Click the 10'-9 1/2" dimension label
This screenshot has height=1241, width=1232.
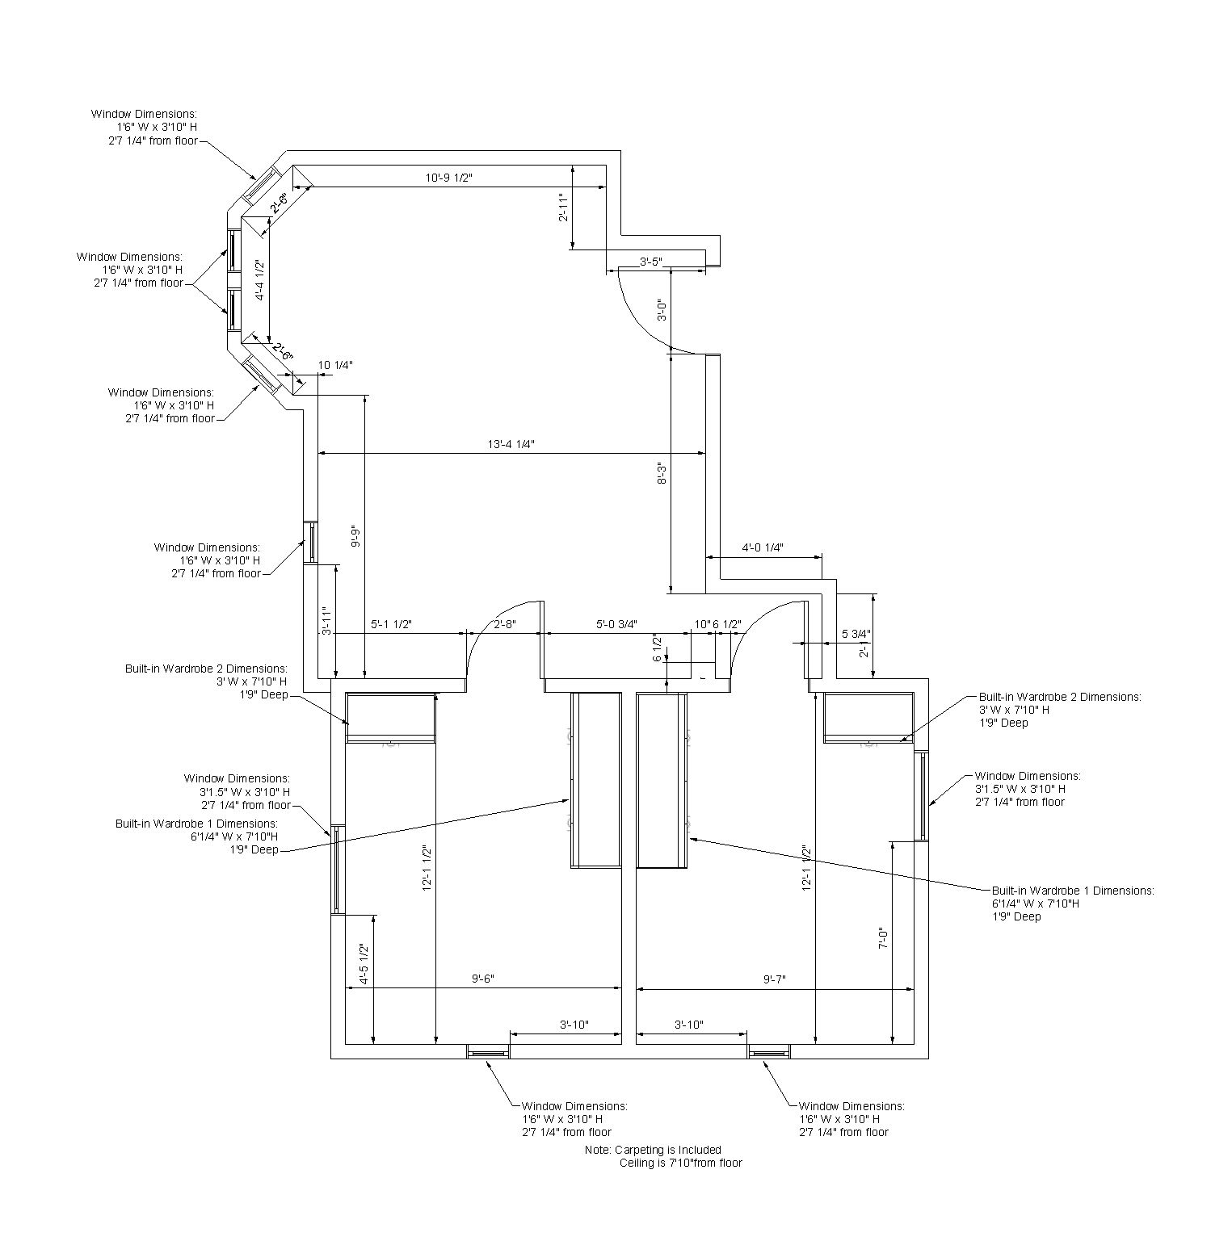click(x=448, y=178)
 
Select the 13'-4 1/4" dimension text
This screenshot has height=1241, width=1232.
click(x=511, y=443)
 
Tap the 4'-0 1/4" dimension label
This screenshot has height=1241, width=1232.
click(x=763, y=547)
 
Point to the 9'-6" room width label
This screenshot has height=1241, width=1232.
click(x=482, y=979)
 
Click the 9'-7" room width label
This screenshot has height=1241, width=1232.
click(x=774, y=979)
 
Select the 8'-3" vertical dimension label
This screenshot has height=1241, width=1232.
click(x=662, y=473)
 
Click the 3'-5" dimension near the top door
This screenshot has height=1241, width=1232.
click(x=651, y=262)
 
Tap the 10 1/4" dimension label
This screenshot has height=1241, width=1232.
click(x=335, y=365)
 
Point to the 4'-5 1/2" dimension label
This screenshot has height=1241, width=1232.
click(x=364, y=964)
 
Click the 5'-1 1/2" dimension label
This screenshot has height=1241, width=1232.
click(x=392, y=624)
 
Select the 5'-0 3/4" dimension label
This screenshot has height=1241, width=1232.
click(x=616, y=624)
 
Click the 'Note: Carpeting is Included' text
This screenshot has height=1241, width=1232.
click(x=653, y=1150)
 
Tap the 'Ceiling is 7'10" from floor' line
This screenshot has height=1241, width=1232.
click(x=680, y=1163)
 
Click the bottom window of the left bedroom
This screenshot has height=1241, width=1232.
click(x=488, y=1052)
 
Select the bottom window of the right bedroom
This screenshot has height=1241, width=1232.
click(x=768, y=1052)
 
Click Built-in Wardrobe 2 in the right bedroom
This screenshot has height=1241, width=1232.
click(x=868, y=716)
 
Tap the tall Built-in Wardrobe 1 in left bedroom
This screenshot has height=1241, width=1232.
click(x=596, y=779)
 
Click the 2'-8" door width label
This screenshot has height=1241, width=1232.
click(x=504, y=624)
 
